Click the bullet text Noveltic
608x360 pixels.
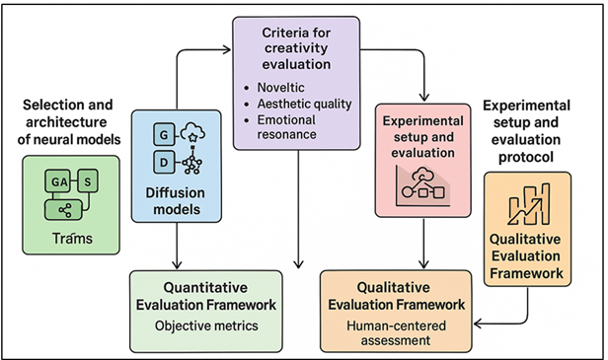tap(284, 88)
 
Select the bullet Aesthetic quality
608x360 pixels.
tap(303, 104)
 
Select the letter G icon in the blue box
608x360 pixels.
tap(162, 131)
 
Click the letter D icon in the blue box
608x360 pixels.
tap(162, 159)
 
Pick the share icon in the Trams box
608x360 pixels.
tap(66, 207)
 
